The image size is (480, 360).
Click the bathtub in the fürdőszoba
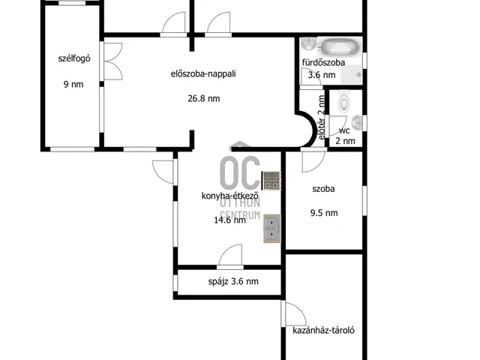point(340,47)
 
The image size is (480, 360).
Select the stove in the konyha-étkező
point(271,181)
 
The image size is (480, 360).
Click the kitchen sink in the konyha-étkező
point(271,229)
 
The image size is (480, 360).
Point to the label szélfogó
point(74,58)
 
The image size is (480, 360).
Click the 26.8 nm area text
point(203,98)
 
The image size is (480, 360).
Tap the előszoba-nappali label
point(203,73)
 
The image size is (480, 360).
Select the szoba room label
point(323,189)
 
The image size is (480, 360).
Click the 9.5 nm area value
point(324,213)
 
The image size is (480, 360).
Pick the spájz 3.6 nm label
point(233,281)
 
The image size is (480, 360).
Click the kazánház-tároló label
point(323,330)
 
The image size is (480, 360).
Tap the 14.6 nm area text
point(230,220)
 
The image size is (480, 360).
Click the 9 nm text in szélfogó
point(73,84)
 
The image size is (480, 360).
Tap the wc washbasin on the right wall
point(357,123)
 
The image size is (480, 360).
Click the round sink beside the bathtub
point(308,43)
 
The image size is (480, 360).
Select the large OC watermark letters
point(240,172)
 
